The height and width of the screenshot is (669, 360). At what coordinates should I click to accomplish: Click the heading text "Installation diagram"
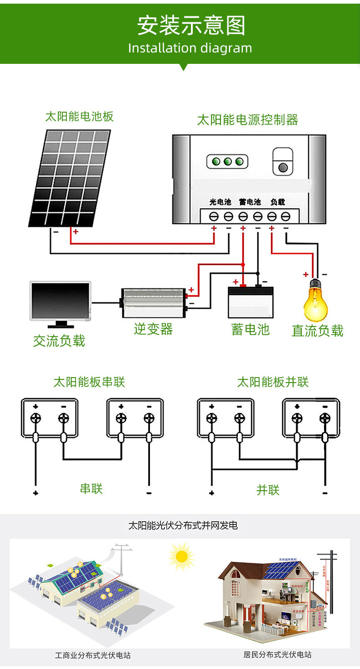[190, 48]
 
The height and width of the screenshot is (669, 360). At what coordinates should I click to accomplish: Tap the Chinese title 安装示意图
[191, 26]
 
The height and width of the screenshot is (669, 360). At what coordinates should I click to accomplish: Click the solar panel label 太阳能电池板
[79, 116]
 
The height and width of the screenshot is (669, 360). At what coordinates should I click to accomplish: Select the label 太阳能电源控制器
[247, 120]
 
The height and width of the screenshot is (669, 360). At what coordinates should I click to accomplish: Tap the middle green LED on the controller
[227, 161]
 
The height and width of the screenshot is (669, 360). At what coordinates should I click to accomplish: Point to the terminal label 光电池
[220, 202]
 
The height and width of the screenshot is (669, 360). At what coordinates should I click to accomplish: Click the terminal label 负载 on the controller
[278, 202]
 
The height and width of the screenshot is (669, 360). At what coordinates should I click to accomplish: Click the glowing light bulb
[316, 301]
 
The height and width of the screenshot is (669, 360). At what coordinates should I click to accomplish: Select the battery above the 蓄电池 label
[251, 302]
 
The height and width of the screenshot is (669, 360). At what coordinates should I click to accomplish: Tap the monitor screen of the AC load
[61, 301]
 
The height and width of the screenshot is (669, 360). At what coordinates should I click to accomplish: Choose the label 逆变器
[153, 329]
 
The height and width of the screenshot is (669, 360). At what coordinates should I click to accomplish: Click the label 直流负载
[317, 331]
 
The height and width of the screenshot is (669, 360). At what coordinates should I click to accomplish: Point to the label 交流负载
[59, 341]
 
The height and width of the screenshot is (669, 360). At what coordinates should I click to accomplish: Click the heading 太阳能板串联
[89, 382]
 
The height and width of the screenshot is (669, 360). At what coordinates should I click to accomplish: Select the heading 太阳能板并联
[273, 382]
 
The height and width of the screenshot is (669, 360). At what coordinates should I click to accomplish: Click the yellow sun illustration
[181, 556]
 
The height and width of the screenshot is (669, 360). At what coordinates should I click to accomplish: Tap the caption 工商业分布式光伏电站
[93, 655]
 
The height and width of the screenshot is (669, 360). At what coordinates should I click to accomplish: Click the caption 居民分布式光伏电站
[277, 655]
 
